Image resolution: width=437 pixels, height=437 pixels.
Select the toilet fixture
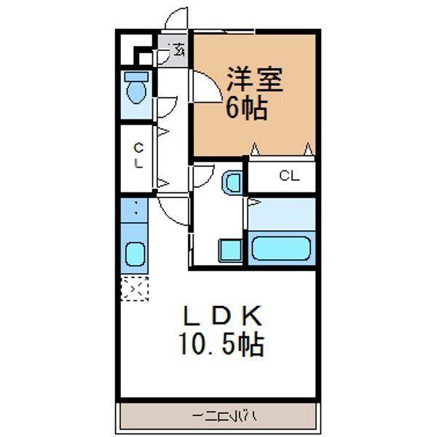tap(135, 89)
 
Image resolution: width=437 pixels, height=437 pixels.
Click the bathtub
tap(283, 249)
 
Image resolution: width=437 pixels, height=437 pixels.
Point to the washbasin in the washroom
tap(232, 182)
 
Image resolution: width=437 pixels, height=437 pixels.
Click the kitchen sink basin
tap(135, 254)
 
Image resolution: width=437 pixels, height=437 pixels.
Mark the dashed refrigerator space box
tap(135, 288)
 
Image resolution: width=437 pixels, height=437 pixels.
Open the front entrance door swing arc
tap(175, 18)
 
